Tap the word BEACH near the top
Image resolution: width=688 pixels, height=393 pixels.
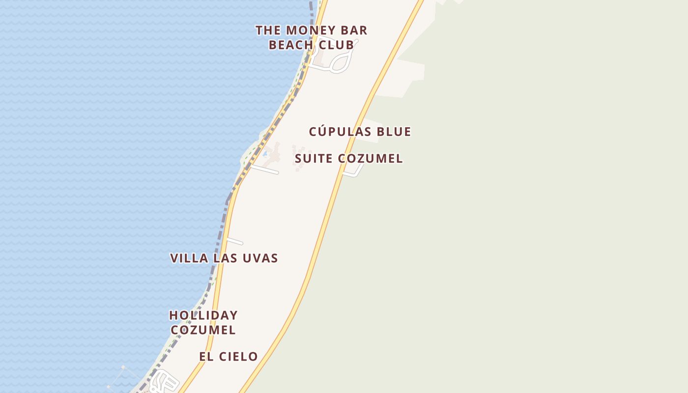click(x=291, y=45)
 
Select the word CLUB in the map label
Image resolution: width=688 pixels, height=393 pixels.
click(x=336, y=45)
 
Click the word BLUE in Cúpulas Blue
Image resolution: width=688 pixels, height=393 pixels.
click(x=393, y=132)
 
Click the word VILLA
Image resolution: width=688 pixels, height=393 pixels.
click(x=189, y=258)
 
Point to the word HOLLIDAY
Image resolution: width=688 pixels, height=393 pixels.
click(x=203, y=315)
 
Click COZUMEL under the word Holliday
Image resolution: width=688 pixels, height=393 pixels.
click(x=203, y=330)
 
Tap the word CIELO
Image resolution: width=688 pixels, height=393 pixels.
click(x=237, y=357)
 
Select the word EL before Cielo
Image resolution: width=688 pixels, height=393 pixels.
click(x=205, y=357)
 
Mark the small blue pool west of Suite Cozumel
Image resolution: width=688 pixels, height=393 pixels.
click(x=265, y=154)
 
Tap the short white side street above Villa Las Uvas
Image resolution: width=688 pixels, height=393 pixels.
click(x=234, y=241)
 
